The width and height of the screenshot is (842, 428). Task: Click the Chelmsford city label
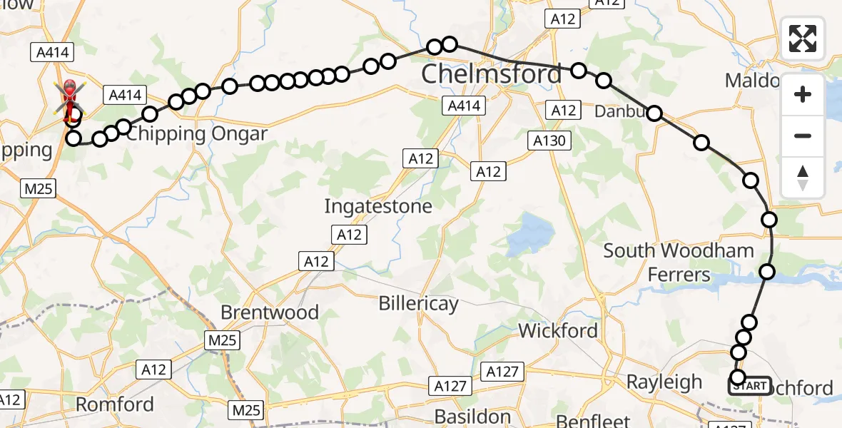pyautogui.click(x=491, y=73)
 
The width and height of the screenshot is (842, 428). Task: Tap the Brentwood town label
pyautogui.click(x=270, y=312)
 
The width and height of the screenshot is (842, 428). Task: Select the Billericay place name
pyautogui.click(x=418, y=302)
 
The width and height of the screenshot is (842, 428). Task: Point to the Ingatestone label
pyautogui.click(x=378, y=206)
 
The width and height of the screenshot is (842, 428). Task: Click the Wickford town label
pyautogui.click(x=558, y=330)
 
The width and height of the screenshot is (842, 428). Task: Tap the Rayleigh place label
pyautogui.click(x=664, y=382)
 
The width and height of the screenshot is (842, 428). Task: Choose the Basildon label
pyautogui.click(x=472, y=415)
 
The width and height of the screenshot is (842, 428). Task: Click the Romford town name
pyautogui.click(x=115, y=404)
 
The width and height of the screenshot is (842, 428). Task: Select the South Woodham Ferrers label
pyautogui.click(x=679, y=262)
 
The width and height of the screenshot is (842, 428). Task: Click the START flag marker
pyautogui.click(x=749, y=386)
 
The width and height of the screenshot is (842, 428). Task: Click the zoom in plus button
pyautogui.click(x=803, y=94)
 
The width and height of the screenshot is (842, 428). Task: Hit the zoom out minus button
pyautogui.click(x=803, y=136)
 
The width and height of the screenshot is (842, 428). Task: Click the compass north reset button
pyautogui.click(x=803, y=177)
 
